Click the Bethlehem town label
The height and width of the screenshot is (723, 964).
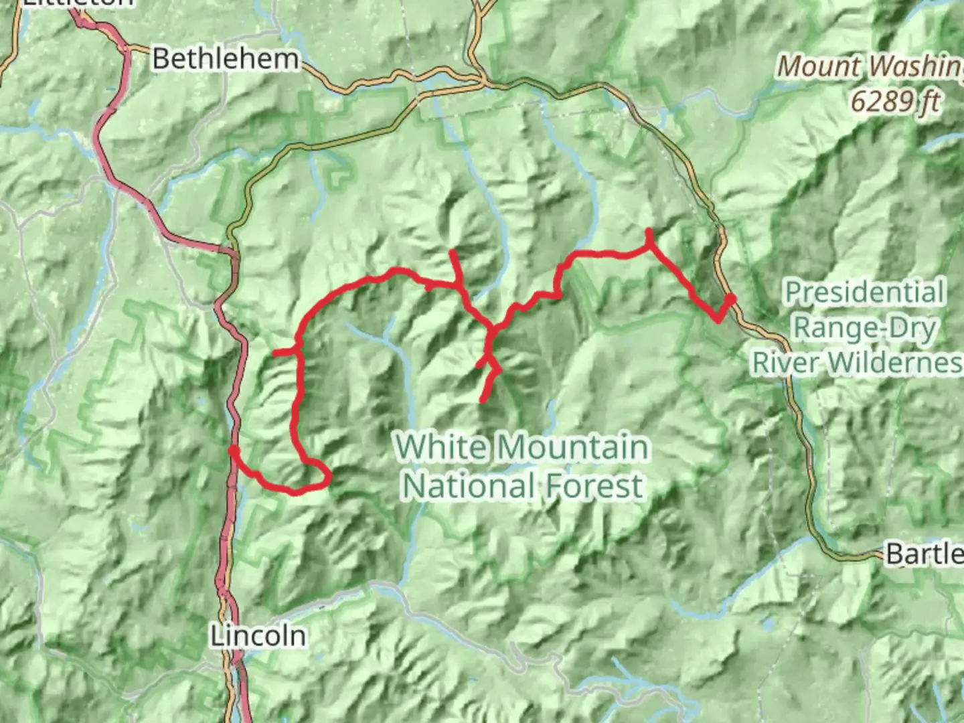pyautogui.click(x=225, y=59)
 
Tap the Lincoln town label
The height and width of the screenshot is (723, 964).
pyautogui.click(x=258, y=635)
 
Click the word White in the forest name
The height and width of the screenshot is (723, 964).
pyautogui.click(x=440, y=447)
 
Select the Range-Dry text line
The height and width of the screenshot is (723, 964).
pyautogui.click(x=864, y=328)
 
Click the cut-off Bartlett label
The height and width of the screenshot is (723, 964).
pyautogui.click(x=924, y=554)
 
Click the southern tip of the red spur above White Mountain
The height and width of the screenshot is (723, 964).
pyautogui.click(x=482, y=400)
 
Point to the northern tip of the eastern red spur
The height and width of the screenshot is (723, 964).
pyautogui.click(x=648, y=231)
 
